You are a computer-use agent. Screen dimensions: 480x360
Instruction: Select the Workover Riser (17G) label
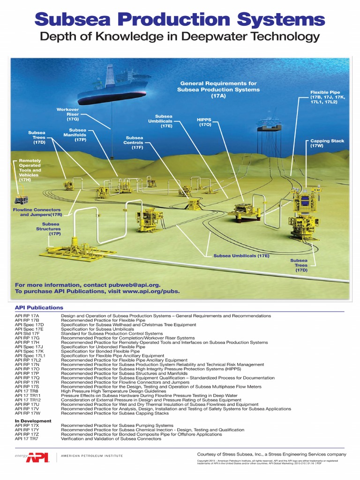[x=67, y=114]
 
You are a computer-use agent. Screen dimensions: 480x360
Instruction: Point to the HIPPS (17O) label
[x=205, y=122]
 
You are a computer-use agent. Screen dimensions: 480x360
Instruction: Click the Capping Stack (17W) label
[x=327, y=143]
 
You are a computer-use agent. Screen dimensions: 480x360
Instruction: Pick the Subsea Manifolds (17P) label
[x=77, y=135]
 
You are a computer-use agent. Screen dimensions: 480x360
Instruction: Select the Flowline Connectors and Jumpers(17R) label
[x=37, y=212]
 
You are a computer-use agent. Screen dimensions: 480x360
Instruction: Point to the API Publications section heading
[x=39, y=307]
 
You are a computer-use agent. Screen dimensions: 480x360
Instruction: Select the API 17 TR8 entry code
[x=26, y=391]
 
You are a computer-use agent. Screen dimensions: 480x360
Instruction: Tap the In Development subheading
[x=33, y=421]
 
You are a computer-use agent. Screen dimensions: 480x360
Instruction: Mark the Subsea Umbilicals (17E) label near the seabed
[x=241, y=256]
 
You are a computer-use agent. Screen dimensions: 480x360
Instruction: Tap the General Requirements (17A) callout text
[x=218, y=89]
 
